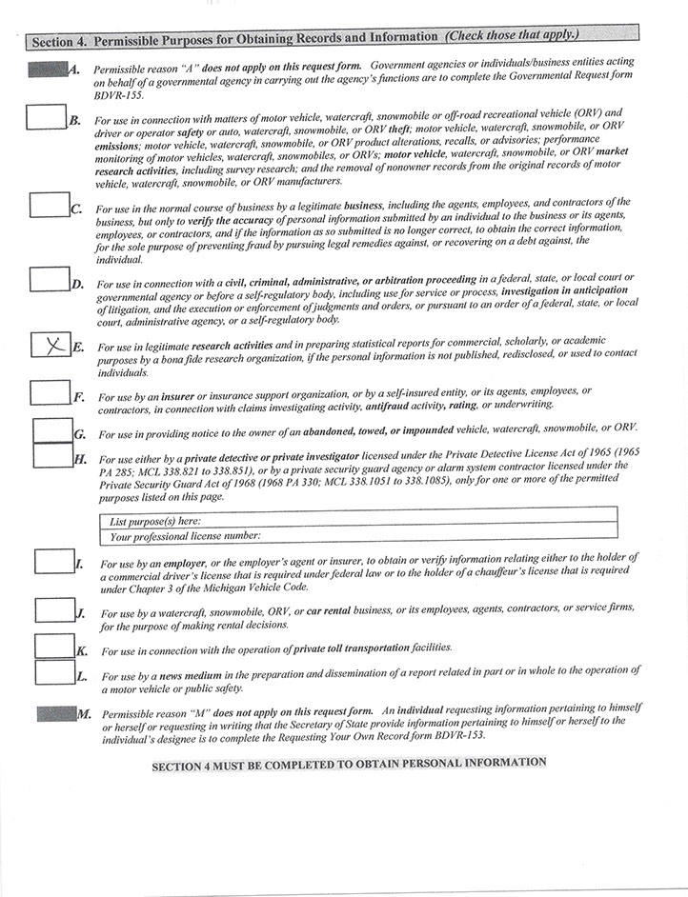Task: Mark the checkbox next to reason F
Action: coord(49,391)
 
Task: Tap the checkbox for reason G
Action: coord(51,430)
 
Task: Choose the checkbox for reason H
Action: coord(51,455)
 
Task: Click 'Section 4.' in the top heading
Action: coord(60,42)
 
